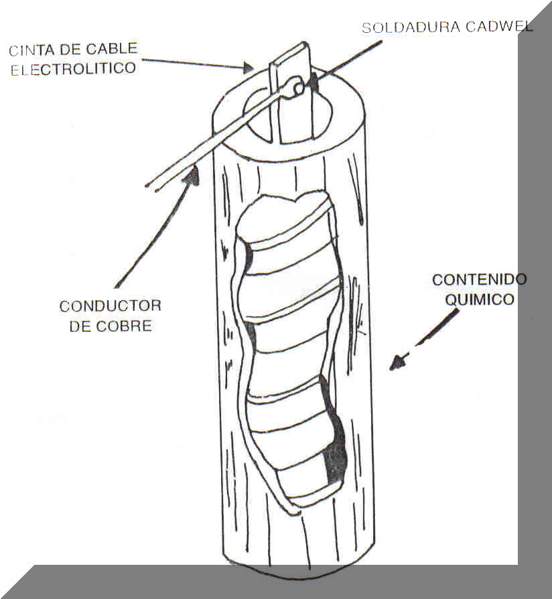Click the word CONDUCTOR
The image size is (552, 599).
(x=111, y=306)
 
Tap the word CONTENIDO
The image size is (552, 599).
(x=479, y=279)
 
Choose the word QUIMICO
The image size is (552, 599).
(x=480, y=299)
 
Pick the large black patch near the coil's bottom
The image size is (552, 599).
(x=334, y=462)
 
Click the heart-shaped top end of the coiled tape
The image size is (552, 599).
(x=295, y=201)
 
